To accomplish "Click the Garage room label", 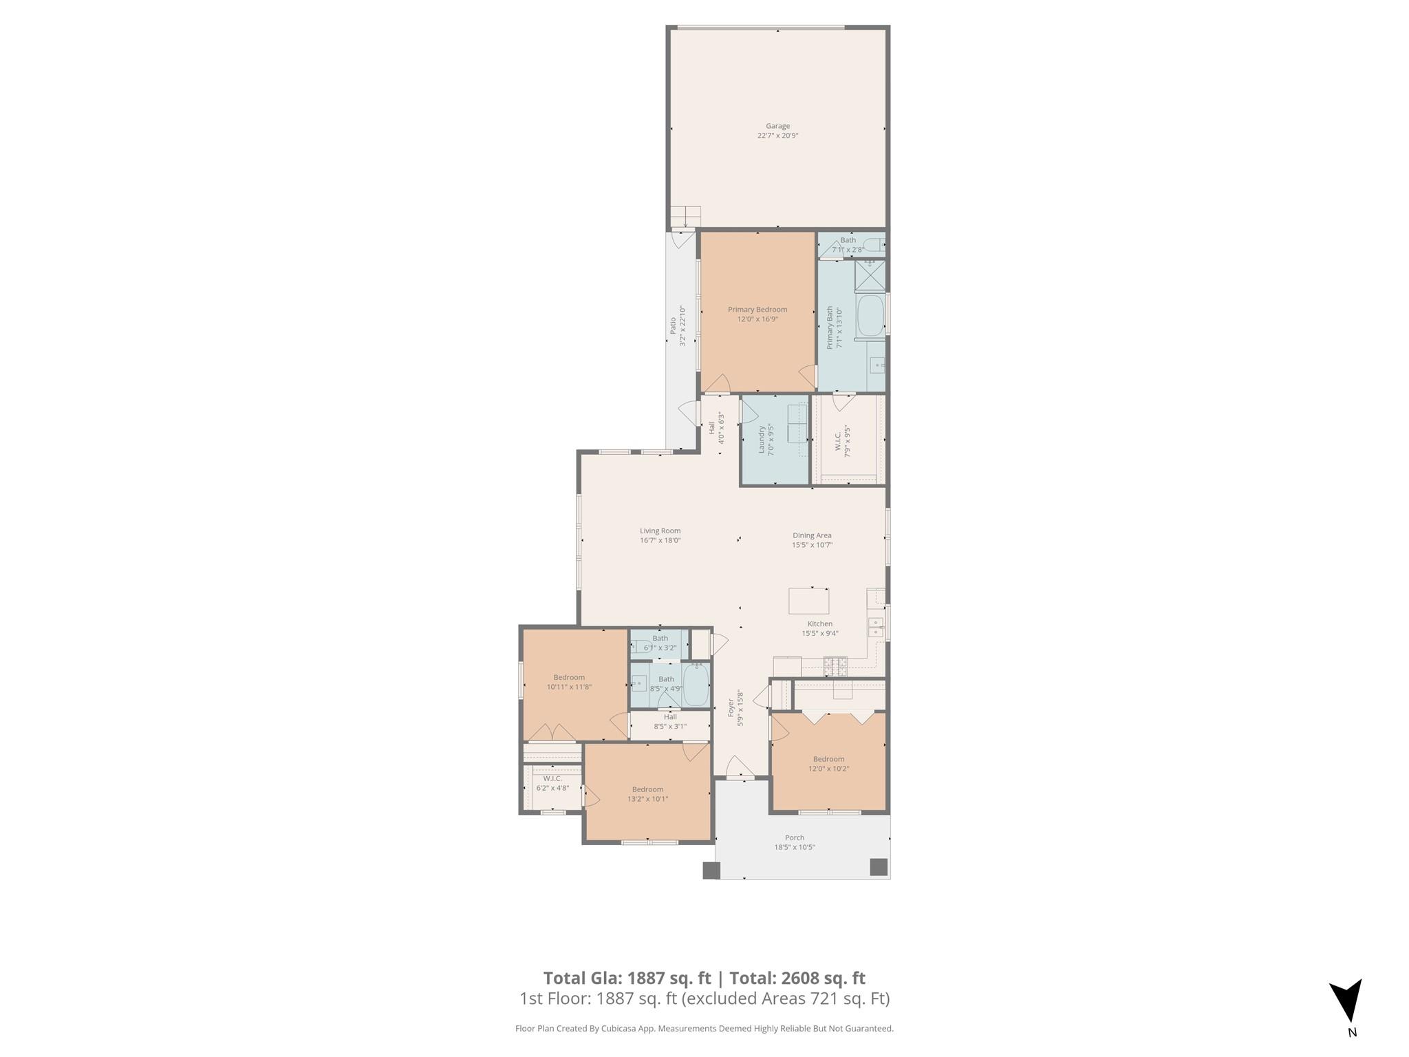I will click(x=777, y=127).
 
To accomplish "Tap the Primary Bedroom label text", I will click(x=757, y=310).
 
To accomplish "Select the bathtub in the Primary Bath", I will click(x=871, y=316).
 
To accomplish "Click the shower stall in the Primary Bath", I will click(x=870, y=276).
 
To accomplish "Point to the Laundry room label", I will click(x=762, y=440).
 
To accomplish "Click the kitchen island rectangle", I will click(x=808, y=601).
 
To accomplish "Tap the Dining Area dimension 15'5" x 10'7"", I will click(x=812, y=545).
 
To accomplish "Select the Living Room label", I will click(x=660, y=531).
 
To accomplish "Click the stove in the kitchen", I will click(x=835, y=665).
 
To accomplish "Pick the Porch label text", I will click(x=794, y=837).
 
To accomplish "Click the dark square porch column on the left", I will click(x=711, y=871).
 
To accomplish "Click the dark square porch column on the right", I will click(x=879, y=867).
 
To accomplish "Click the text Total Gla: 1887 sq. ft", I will click(x=627, y=978).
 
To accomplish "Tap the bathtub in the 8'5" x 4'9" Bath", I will click(x=696, y=685).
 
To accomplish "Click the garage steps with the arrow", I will click(x=685, y=217).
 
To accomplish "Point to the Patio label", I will click(x=673, y=325).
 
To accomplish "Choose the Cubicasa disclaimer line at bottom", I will click(x=704, y=1029).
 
